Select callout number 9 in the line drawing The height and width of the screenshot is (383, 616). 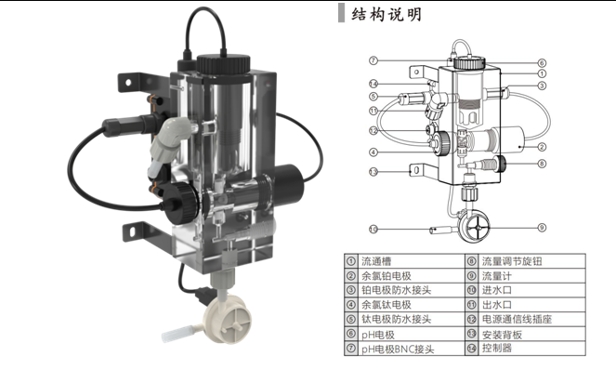click(x=541, y=227)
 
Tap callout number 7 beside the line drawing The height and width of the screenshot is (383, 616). click(x=372, y=60)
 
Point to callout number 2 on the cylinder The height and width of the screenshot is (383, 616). click(x=542, y=148)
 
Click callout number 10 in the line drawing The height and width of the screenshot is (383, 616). click(x=373, y=228)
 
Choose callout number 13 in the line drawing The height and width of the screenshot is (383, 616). click(x=372, y=172)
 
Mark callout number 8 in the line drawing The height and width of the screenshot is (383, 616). click(x=541, y=164)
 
